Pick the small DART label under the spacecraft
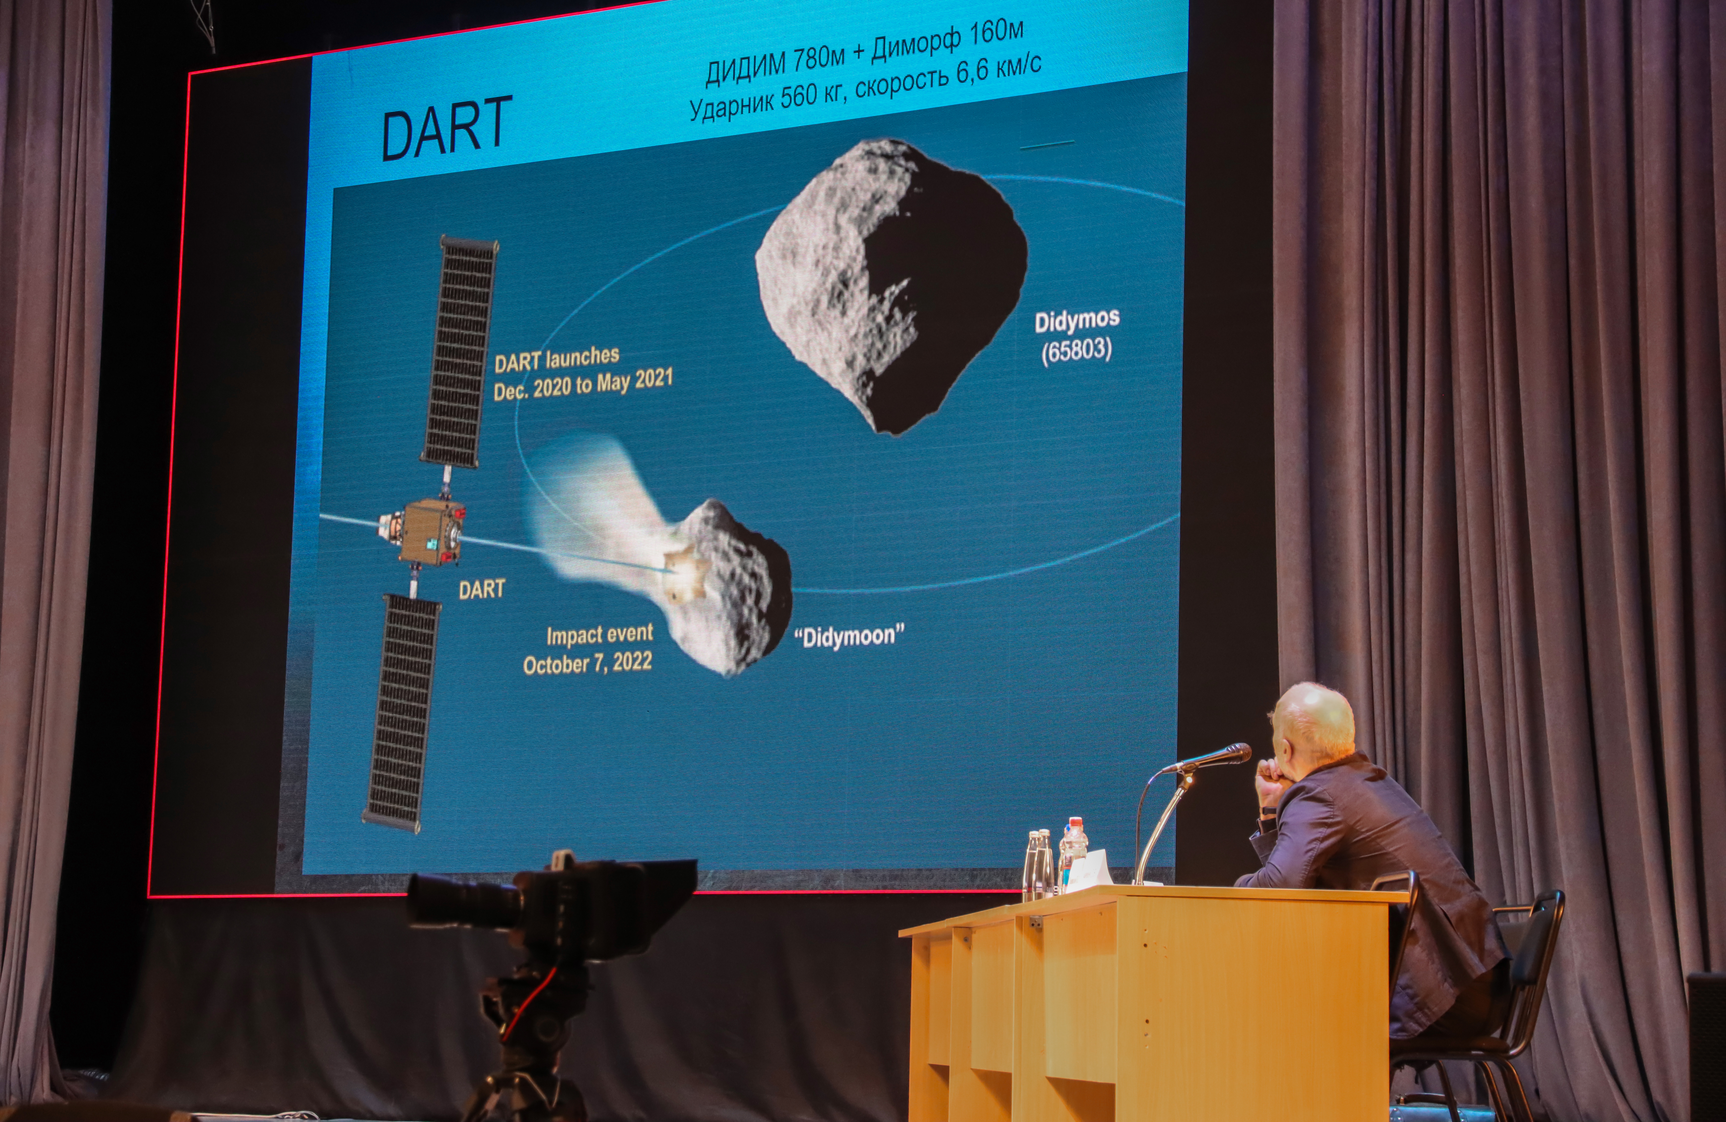point(481,589)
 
